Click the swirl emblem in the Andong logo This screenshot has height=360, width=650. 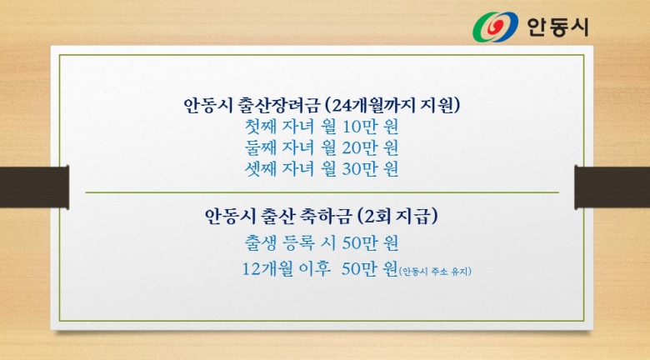495,27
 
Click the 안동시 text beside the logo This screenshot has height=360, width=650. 557,27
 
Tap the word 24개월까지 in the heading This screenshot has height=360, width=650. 374,105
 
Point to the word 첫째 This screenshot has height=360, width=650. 260,127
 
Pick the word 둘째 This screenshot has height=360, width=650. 260,147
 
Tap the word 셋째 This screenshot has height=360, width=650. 260,169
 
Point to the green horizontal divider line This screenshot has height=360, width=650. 322,192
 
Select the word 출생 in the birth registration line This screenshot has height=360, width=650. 260,243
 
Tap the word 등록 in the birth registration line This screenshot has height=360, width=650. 298,243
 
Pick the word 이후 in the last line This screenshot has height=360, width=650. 315,269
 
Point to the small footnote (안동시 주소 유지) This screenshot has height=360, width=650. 435,272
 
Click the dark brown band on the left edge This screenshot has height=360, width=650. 34,187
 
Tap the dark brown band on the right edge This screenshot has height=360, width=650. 612,187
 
